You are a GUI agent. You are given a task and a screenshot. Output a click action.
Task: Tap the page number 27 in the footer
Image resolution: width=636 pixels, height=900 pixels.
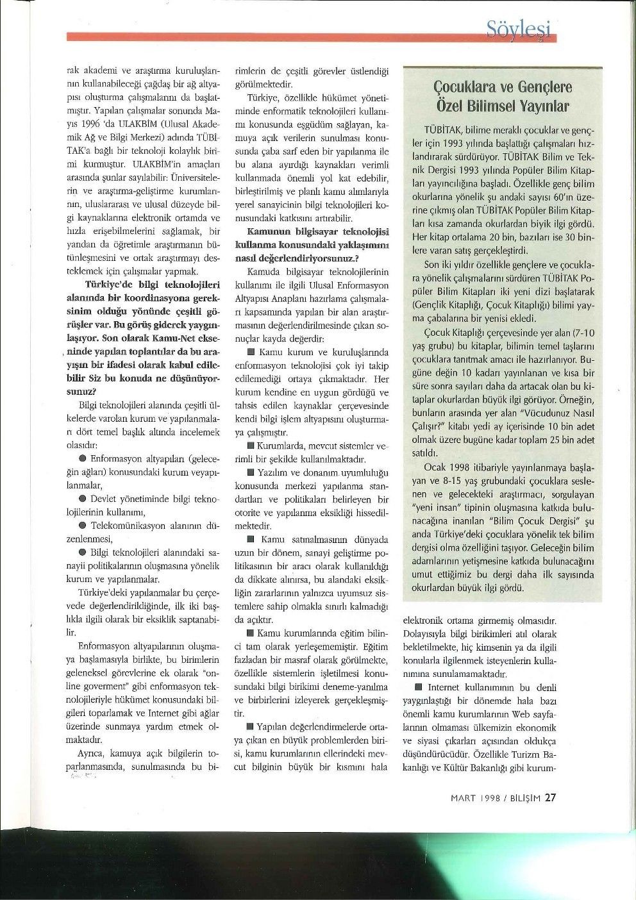pos(551,797)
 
